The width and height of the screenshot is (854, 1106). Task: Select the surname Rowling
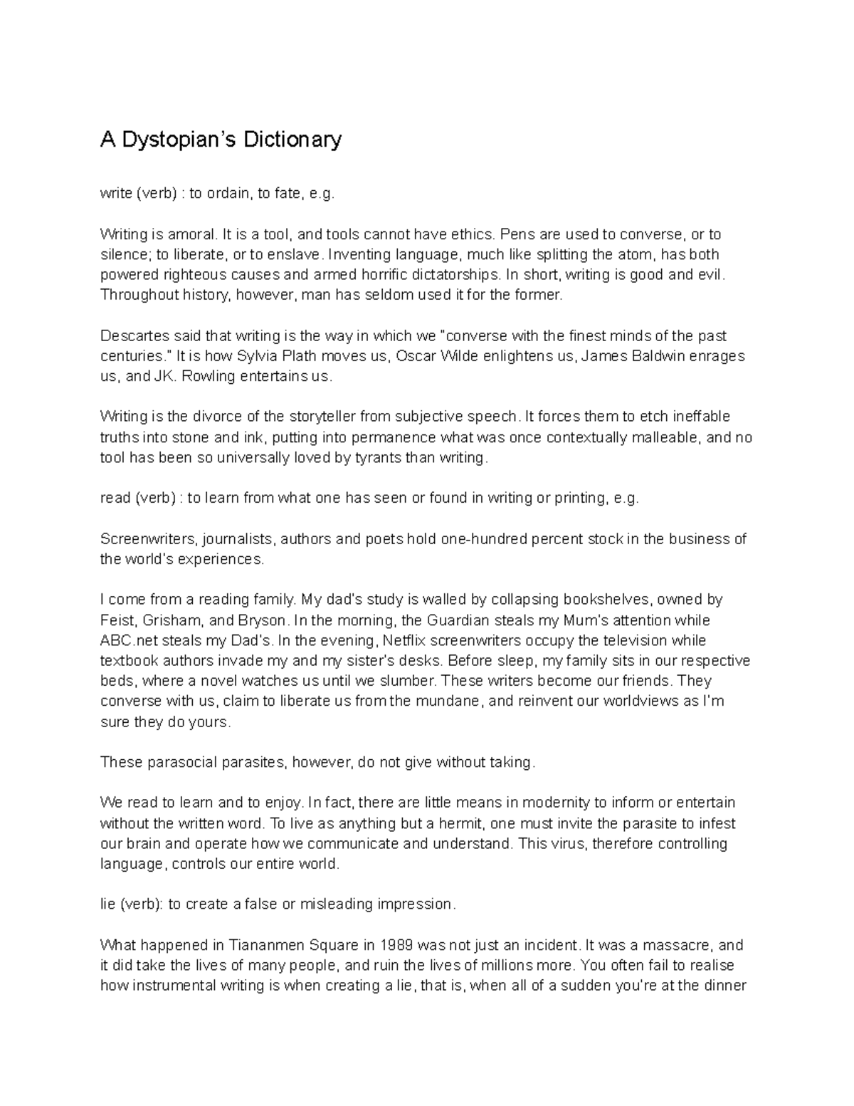pos(207,376)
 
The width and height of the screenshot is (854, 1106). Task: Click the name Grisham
pos(172,620)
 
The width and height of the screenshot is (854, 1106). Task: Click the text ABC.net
pos(125,640)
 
